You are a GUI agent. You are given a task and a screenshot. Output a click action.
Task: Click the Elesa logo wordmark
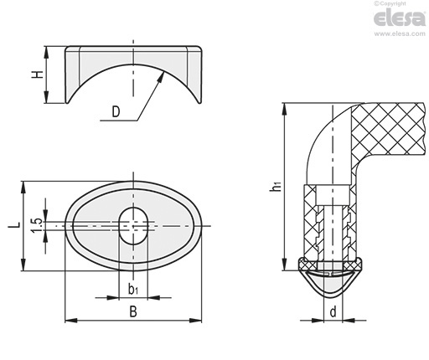[x=400, y=18]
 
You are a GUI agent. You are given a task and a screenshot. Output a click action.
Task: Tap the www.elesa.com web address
[x=400, y=33]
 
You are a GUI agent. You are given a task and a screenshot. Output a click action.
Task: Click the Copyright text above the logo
[x=390, y=3]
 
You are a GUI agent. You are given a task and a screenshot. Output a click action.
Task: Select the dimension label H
[x=38, y=75]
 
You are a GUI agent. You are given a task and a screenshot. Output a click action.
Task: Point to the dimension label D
[x=116, y=111]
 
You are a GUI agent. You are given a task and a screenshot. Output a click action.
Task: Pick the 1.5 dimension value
[x=37, y=225]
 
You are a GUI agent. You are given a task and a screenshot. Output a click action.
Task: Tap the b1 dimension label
[x=133, y=290]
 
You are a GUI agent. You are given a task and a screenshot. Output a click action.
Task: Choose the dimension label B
[x=133, y=311]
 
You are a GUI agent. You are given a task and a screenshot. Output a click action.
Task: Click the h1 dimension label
[x=275, y=186]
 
